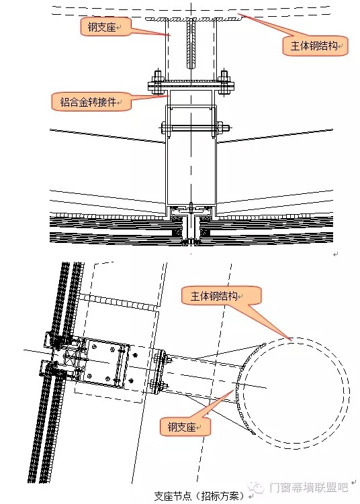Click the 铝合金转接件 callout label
click(x=91, y=102)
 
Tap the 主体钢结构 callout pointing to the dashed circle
click(x=222, y=296)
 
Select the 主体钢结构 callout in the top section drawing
click(x=315, y=46)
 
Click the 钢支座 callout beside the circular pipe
click(x=185, y=427)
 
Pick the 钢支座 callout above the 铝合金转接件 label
click(x=105, y=26)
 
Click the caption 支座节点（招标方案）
click(x=199, y=495)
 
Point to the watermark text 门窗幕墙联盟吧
click(x=309, y=487)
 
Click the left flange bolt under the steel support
click(x=158, y=83)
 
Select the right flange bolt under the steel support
click(x=224, y=83)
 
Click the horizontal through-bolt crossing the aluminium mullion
click(x=195, y=128)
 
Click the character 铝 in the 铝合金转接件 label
click(x=65, y=102)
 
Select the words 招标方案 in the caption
click(x=220, y=495)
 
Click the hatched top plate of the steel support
click(x=194, y=19)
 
